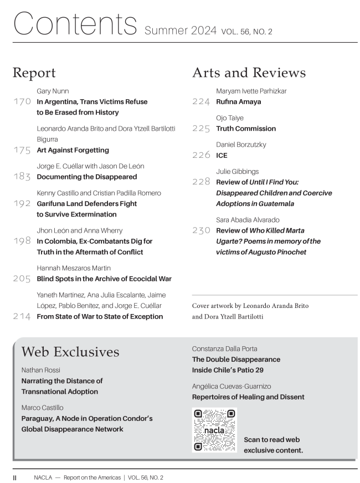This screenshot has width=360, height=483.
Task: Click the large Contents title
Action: point(74,23)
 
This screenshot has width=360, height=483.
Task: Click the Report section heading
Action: point(34,73)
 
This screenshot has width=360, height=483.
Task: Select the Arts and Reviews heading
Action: point(249,73)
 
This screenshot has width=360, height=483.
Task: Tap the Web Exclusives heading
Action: point(70,352)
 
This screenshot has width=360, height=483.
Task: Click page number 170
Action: point(22,102)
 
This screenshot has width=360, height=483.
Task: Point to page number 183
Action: point(22,177)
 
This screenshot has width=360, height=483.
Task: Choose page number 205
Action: point(22,279)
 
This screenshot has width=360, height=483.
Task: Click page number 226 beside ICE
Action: point(201,156)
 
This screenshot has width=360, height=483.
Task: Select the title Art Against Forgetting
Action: point(73,150)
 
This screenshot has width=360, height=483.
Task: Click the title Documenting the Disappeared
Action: point(86,177)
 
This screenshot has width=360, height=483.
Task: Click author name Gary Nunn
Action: point(53,91)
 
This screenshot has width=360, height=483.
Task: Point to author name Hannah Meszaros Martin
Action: point(74,268)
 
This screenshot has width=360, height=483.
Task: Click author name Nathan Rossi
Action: point(41,369)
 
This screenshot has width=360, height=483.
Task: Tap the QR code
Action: point(214,430)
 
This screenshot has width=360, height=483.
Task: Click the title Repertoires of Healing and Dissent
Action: point(248,397)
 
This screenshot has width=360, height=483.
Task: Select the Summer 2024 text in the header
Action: point(180,31)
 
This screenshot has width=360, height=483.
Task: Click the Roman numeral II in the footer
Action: point(16,477)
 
